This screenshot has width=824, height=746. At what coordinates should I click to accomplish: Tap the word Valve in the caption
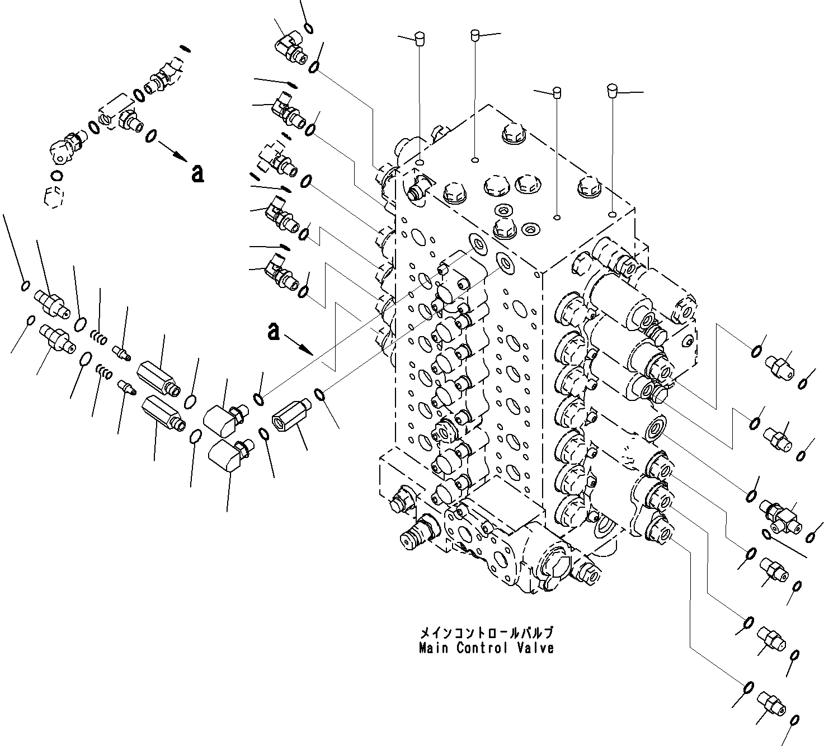tap(536, 648)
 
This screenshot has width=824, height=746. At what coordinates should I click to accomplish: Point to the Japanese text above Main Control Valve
tap(486, 634)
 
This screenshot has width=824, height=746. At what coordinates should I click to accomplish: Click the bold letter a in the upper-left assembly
tap(197, 174)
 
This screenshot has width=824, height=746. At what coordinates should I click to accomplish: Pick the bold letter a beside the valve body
tap(273, 331)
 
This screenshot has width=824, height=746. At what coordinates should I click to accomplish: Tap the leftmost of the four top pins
tap(418, 38)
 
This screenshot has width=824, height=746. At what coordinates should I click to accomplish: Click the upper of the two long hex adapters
tap(159, 377)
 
